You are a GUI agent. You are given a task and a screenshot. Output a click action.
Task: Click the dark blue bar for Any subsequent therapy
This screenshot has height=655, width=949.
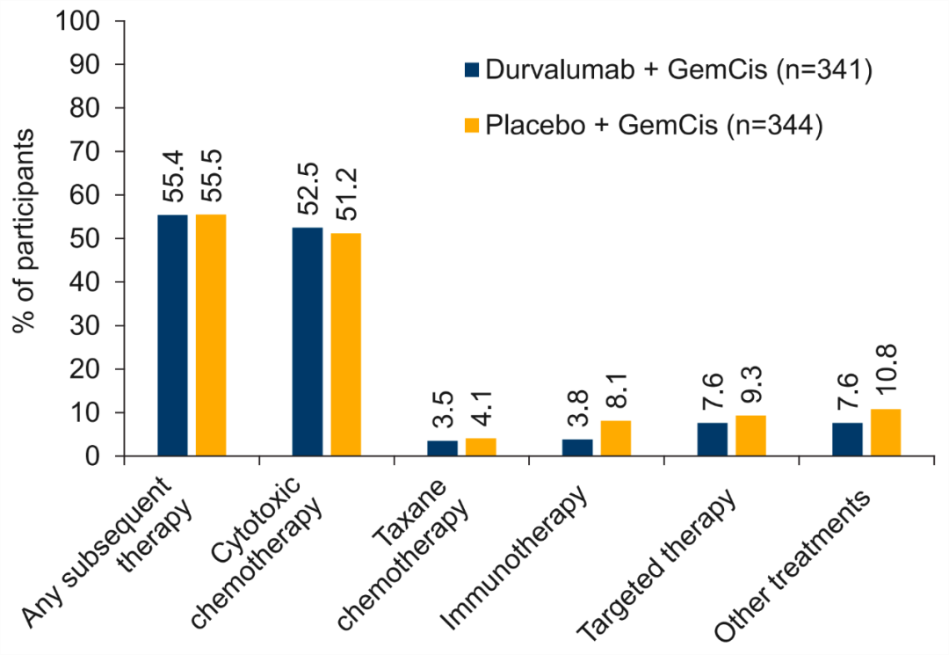pyautogui.click(x=172, y=335)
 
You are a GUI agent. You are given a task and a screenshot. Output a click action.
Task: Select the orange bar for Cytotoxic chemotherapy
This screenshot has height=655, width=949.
pyautogui.click(x=346, y=344)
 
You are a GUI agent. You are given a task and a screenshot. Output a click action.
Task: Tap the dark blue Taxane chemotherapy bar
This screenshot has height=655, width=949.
pyautogui.click(x=442, y=448)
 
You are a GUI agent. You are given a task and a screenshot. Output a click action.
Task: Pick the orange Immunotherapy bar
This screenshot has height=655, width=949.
pyautogui.click(x=616, y=438)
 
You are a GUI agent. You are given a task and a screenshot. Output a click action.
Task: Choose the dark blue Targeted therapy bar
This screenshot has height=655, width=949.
pyautogui.click(x=713, y=439)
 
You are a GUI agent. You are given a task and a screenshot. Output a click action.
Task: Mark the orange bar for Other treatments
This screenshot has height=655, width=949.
pyautogui.click(x=886, y=433)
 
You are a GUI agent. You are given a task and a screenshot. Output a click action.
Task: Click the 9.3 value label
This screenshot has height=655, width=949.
pyautogui.click(x=751, y=387)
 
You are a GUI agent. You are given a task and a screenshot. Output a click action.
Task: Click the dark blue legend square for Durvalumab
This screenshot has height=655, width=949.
pyautogui.click(x=472, y=71)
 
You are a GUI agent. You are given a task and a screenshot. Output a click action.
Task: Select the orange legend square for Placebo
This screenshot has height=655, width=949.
pyautogui.click(x=472, y=127)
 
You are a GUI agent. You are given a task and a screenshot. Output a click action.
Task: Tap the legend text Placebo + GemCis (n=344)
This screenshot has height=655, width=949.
pyautogui.click(x=653, y=127)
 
